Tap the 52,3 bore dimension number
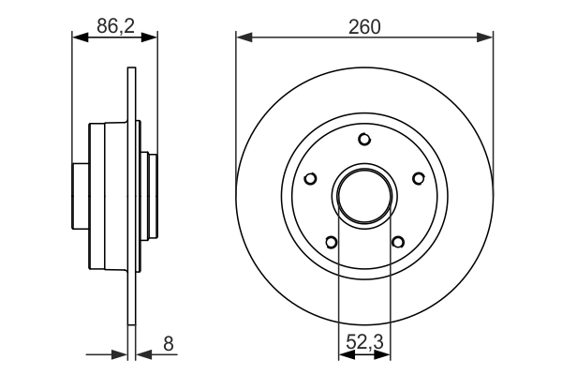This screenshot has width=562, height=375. point(364,344)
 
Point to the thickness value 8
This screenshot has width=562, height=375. point(169,344)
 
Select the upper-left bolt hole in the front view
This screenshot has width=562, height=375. point(311,178)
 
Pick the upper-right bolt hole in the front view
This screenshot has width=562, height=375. point(418,178)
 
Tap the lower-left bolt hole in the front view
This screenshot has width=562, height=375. point(331,242)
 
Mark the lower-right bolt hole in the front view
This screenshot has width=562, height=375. point(398,242)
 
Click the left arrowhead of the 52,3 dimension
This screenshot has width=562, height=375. point(344,355)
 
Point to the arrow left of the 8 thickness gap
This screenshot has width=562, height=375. point(119,355)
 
